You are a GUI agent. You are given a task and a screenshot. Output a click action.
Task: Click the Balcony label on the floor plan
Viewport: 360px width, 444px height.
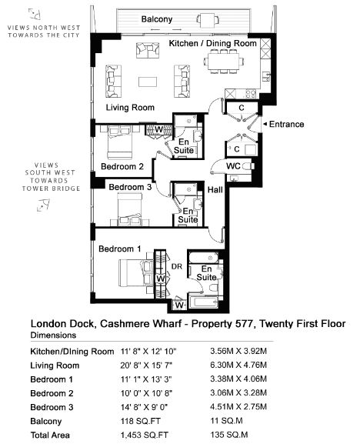point(157,19)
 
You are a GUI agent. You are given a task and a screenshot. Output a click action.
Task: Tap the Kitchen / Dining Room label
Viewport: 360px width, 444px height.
point(213,43)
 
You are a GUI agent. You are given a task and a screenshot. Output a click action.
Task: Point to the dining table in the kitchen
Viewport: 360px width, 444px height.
point(224,61)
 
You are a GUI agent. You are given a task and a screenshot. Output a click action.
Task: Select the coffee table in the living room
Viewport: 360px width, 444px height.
point(148,82)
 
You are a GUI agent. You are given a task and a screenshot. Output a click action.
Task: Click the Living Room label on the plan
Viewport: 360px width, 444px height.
point(130,108)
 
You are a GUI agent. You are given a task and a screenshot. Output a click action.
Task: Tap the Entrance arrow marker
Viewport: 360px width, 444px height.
point(265,124)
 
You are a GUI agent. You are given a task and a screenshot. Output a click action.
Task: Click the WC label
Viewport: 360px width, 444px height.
point(233,166)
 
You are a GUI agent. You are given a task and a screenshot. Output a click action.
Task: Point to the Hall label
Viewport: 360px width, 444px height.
point(215,190)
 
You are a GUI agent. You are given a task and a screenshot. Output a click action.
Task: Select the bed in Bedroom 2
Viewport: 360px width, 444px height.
point(120,142)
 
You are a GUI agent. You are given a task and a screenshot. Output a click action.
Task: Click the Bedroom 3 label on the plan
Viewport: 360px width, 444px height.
point(130,187)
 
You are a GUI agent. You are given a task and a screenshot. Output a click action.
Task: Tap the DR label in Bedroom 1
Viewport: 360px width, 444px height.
point(177,266)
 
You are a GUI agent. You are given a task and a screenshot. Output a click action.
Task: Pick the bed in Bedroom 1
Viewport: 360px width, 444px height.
point(136,273)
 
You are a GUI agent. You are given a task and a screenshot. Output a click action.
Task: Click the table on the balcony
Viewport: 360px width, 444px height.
point(208,19)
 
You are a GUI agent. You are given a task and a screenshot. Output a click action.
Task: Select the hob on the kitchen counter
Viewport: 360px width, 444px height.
point(251,93)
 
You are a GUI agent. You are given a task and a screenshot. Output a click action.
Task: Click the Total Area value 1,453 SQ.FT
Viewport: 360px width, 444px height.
point(145,435)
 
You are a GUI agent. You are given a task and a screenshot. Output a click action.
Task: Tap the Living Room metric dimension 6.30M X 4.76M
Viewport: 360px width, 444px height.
point(238,365)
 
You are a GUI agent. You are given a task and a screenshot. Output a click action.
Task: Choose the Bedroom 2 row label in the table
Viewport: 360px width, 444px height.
point(52,393)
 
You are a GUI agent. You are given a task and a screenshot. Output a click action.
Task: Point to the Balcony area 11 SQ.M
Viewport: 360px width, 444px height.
point(226,421)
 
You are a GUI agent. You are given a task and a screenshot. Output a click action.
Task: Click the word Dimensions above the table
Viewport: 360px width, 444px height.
point(53,336)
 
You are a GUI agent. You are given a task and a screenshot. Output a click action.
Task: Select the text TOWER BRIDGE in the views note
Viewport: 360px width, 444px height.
point(52,189)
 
